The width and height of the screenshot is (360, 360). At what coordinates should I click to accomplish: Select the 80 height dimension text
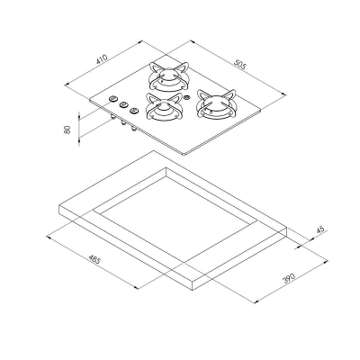[x=67, y=130]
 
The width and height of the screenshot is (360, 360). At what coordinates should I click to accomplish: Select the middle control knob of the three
[x=124, y=105]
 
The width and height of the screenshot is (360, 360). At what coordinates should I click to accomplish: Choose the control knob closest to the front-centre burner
[x=135, y=111]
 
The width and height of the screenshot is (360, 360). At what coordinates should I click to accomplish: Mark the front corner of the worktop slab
[x=196, y=285]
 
